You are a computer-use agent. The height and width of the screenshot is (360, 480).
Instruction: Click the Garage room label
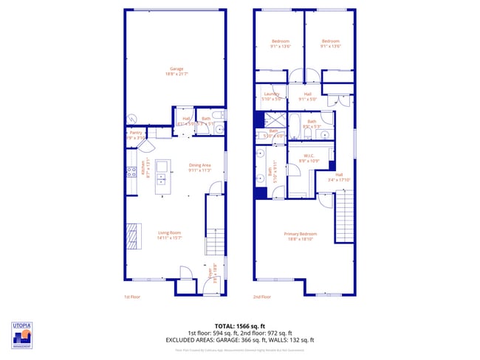coord(176,71)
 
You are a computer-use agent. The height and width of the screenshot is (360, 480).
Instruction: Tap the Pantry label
coord(135,135)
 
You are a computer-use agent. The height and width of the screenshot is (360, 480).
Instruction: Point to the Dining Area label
coord(200,167)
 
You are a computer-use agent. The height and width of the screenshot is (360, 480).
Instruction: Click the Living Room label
coord(169,235)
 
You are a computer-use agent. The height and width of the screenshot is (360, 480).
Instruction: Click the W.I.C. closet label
coord(310,158)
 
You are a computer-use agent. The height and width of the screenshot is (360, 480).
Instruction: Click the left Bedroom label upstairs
coord(281,43)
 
